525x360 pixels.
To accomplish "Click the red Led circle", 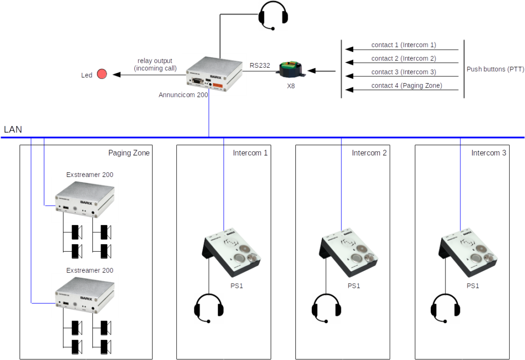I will pos(102,74).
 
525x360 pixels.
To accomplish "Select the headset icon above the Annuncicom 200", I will pos(273,16).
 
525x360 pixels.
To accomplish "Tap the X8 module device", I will pos(291,69).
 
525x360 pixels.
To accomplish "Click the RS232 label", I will pos(260,66).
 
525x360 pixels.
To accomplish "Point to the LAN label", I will pos(13,130).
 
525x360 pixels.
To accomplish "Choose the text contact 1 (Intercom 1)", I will pos(403,45).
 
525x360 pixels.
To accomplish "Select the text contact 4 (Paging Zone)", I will pos(406,86).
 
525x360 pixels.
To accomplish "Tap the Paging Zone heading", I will pos(129,153).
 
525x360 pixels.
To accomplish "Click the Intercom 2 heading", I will pos(369,153).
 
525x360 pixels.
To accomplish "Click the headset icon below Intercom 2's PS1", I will pos(327,308).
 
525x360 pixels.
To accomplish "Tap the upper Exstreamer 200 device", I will pos(85,200).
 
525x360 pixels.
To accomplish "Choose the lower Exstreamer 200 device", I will pos(85,295).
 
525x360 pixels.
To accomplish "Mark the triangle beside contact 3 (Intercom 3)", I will pos(349,76).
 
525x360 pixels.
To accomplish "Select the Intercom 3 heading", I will pos(489,153).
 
